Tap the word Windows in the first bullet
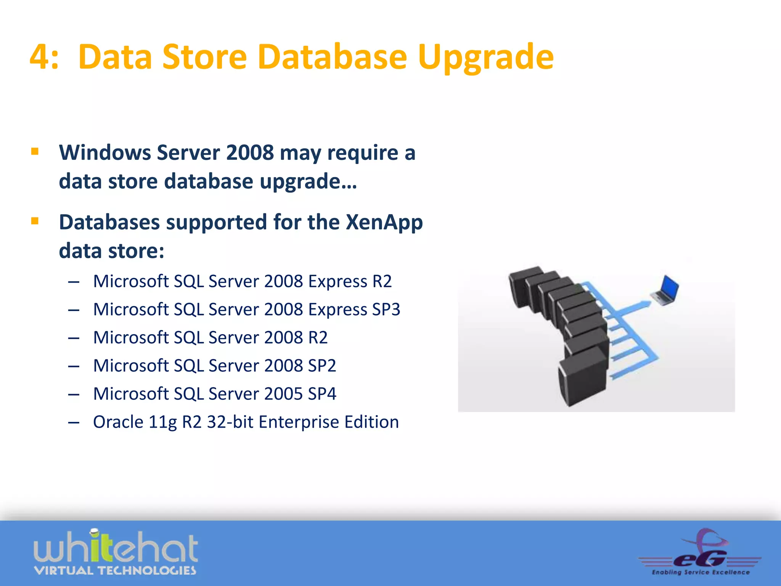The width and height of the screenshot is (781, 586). tap(105, 153)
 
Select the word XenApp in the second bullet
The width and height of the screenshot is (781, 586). tap(384, 222)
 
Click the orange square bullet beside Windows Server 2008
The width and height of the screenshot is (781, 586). tap(35, 151)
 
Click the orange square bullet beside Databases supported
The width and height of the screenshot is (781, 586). tap(35, 221)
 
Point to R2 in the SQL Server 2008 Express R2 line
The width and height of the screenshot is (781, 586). tap(382, 282)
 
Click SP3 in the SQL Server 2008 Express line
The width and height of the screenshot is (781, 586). tap(386, 310)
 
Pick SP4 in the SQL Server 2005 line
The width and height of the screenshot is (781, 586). tap(322, 394)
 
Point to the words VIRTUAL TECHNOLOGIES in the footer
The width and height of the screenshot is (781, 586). tap(115, 571)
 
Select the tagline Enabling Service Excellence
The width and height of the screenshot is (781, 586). tap(701, 572)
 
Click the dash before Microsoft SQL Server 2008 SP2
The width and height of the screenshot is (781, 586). tap(74, 366)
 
